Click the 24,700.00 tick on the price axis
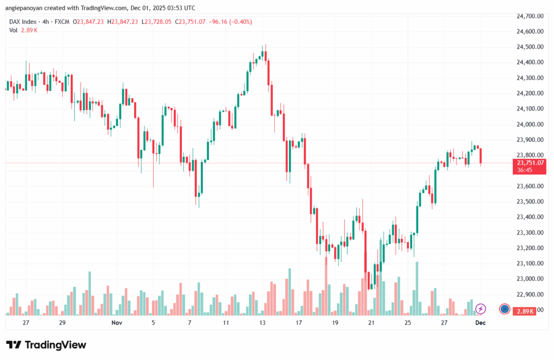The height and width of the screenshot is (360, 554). point(531,16)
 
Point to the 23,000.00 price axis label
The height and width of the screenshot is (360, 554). point(531,279)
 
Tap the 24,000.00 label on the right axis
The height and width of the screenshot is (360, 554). point(531,125)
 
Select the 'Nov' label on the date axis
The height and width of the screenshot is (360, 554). point(116,323)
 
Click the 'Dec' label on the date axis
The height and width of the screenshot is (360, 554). point(480,323)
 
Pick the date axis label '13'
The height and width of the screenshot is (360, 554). point(262,323)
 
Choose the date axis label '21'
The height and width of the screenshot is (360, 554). point(371,323)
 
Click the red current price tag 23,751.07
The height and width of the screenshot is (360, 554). point(531,162)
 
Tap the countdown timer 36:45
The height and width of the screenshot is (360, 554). point(525,170)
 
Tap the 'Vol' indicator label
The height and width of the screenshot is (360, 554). point(14,30)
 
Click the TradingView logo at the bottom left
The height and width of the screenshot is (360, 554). point(46,345)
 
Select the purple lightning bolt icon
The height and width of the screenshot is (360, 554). point(480,309)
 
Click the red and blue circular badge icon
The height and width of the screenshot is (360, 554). point(504,309)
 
